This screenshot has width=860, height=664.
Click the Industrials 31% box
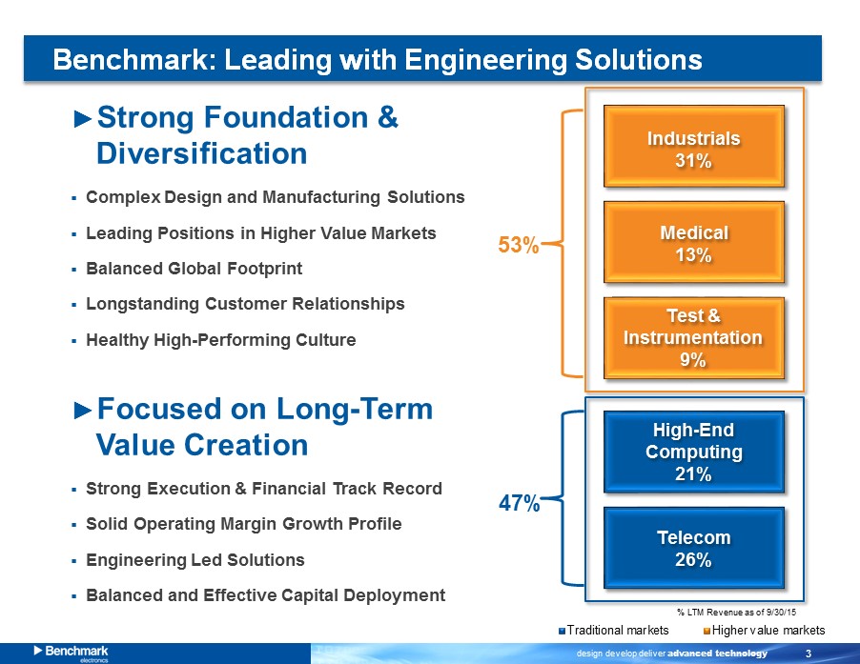(694, 147)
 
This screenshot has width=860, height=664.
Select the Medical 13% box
(694, 242)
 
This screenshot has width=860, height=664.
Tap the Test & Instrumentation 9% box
(694, 338)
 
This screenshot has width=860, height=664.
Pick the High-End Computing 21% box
(694, 452)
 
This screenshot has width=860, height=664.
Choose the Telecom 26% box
(694, 548)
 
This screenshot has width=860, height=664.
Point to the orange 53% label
(519, 245)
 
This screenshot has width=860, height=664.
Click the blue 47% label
(519, 503)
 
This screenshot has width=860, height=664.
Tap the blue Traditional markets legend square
(562, 631)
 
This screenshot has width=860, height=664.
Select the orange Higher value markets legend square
(707, 631)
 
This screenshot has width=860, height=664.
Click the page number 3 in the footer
(809, 653)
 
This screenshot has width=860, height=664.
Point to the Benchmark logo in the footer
(71, 653)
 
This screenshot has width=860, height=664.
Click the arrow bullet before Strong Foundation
(82, 119)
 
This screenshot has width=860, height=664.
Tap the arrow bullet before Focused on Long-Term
(82, 411)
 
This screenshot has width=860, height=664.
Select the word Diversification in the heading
(202, 153)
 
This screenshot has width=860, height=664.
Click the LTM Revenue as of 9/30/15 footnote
(737, 612)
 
